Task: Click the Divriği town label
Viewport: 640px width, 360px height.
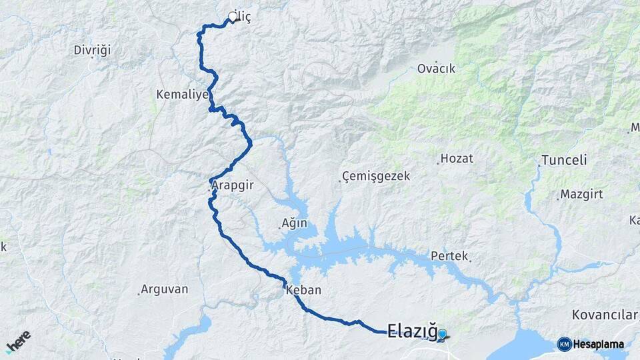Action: (92, 50)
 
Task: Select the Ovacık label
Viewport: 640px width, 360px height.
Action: (436, 69)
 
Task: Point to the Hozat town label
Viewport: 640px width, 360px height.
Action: (457, 159)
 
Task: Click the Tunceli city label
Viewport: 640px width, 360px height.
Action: (564, 160)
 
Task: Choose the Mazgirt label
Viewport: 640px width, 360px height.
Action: (577, 195)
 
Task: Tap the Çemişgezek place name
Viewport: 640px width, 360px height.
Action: (375, 177)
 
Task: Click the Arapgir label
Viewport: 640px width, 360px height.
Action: (233, 187)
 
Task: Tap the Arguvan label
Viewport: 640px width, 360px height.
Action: (165, 290)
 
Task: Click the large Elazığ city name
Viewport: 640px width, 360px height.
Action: (411, 330)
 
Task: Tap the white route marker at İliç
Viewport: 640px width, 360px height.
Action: (233, 17)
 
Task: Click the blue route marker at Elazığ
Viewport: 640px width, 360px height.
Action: (442, 334)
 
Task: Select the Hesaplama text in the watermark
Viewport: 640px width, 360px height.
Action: (598, 345)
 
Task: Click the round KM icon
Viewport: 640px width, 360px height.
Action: (564, 344)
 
